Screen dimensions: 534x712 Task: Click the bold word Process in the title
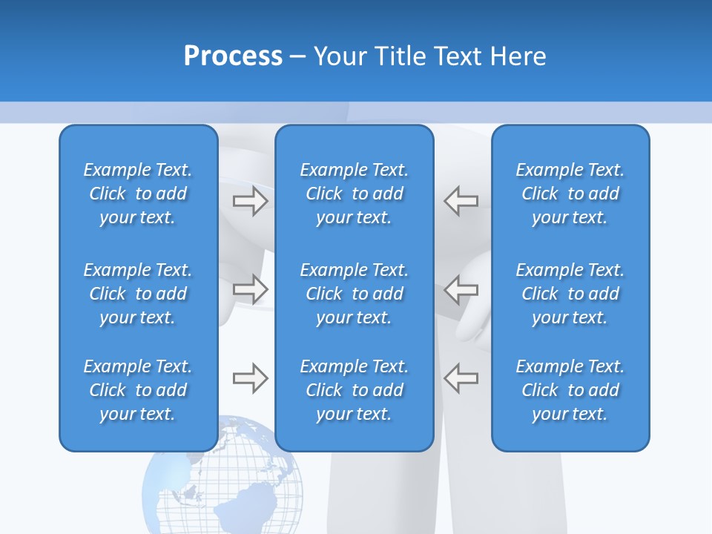point(233,56)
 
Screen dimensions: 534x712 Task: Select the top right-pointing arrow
point(250,201)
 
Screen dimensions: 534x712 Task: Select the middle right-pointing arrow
point(250,289)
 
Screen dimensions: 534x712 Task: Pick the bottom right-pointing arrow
point(250,378)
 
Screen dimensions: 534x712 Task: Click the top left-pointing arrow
point(461,201)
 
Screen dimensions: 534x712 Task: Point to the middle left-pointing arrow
point(461,289)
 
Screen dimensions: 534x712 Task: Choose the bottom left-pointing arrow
point(461,378)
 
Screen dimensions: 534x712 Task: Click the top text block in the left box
point(138,194)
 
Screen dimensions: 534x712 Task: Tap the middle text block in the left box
point(138,294)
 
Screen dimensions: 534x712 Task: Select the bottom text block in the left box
point(138,390)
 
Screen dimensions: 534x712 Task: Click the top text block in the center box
point(354,194)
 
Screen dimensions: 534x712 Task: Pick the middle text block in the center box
point(354,294)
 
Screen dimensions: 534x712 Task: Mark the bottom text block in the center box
point(354,390)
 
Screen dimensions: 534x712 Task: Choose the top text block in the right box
point(570,194)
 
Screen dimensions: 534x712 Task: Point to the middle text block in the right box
point(570,294)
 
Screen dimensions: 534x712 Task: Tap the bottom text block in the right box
point(570,390)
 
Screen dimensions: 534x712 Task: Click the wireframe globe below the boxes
point(222,489)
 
